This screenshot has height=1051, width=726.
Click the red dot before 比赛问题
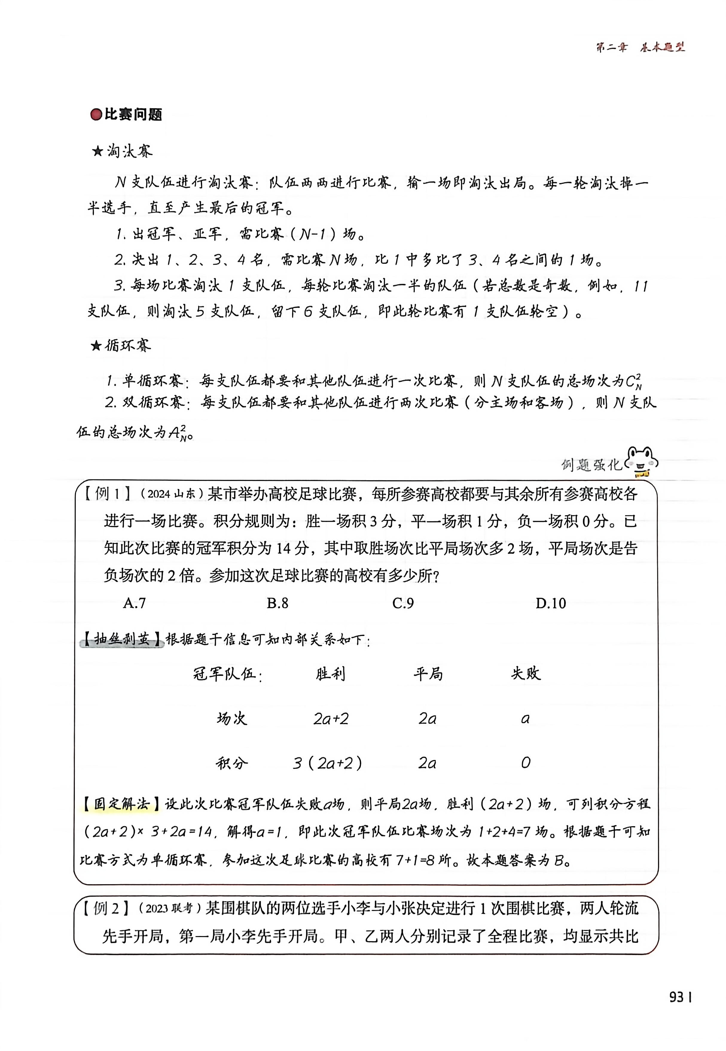[x=96, y=115]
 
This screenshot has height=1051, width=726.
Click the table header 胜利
[x=331, y=674]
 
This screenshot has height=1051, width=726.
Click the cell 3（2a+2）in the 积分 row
[x=327, y=763]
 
